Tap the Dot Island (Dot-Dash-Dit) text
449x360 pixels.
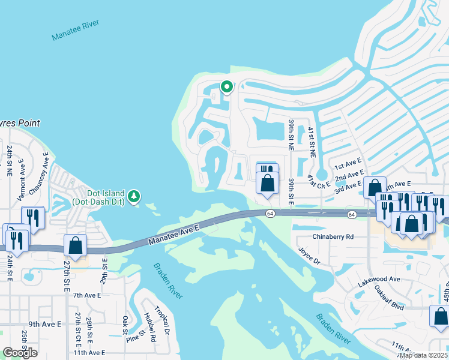[98, 198]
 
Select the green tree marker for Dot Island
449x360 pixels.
[134, 196]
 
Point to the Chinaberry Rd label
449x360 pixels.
[333, 236]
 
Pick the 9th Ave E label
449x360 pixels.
[44, 324]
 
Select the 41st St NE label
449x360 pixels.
[312, 142]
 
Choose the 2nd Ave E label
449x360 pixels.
[349, 178]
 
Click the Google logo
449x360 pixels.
[20, 353]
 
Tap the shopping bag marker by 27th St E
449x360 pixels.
[76, 245]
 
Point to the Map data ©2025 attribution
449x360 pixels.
[423, 355]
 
